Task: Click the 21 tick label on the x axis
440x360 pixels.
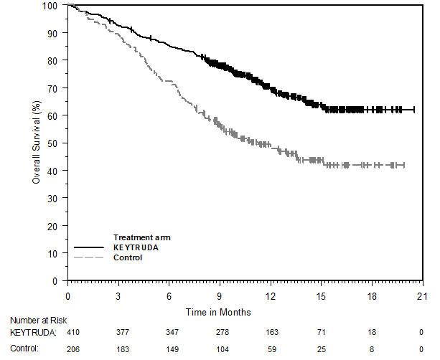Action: tap(422, 295)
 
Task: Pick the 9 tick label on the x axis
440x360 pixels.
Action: tap(220, 295)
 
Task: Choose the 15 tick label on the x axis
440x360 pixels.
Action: tap(321, 295)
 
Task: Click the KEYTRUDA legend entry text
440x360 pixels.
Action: tap(134, 247)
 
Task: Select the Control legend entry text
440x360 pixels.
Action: tap(128, 257)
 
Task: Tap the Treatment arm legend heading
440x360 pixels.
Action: tap(142, 237)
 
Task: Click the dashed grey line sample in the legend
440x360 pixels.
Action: tap(89, 257)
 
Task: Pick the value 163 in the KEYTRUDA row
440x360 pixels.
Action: tap(271, 333)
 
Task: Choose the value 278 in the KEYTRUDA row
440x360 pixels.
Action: tap(220, 333)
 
